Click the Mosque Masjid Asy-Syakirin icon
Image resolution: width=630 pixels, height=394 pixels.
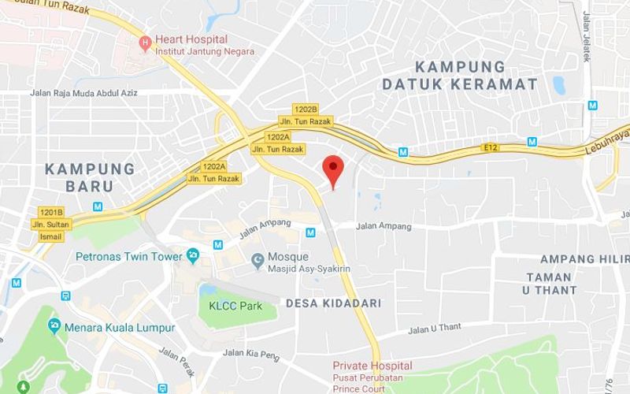[257, 261]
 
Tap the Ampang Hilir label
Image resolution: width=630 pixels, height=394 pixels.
[584, 259]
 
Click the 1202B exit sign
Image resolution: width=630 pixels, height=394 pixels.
[304, 109]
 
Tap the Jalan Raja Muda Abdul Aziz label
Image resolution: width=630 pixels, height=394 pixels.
[83, 93]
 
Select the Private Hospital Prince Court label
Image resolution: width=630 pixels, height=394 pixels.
[372, 377]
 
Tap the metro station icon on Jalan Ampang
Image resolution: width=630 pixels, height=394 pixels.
[310, 232]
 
